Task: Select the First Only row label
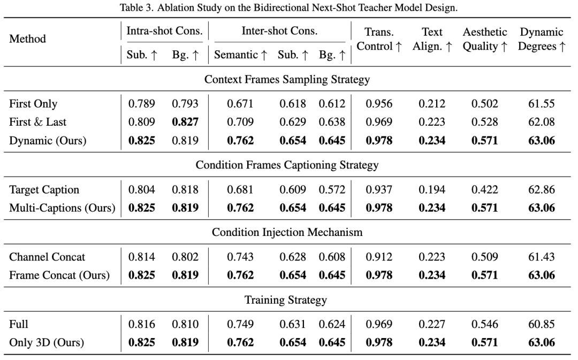33,104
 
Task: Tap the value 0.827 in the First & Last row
185,122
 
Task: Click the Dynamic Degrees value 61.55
541,104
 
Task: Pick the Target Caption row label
44,190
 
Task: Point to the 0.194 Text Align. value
432,190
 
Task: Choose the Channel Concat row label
47,257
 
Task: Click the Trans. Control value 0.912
379,257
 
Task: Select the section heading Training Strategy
285,301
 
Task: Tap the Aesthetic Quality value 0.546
484,325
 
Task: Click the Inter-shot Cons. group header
279,32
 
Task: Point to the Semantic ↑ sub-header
240,55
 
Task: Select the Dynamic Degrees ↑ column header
541,39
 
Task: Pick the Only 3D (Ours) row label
47,343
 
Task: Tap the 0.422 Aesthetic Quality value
484,190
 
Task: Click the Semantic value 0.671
240,104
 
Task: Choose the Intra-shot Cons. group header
164,32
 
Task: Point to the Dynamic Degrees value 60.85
541,325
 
